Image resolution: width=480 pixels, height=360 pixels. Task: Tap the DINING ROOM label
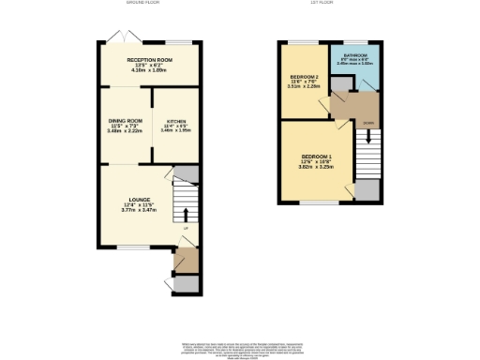point(124,122)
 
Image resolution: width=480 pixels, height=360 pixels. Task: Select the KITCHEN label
point(175,122)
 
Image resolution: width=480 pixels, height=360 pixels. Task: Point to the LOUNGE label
point(142,200)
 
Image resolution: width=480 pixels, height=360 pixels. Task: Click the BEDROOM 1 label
point(316,157)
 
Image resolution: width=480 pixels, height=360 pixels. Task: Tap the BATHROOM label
point(355,56)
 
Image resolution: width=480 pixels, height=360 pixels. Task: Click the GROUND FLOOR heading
point(145,4)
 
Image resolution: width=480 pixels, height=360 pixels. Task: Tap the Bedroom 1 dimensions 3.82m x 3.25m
point(316,169)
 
